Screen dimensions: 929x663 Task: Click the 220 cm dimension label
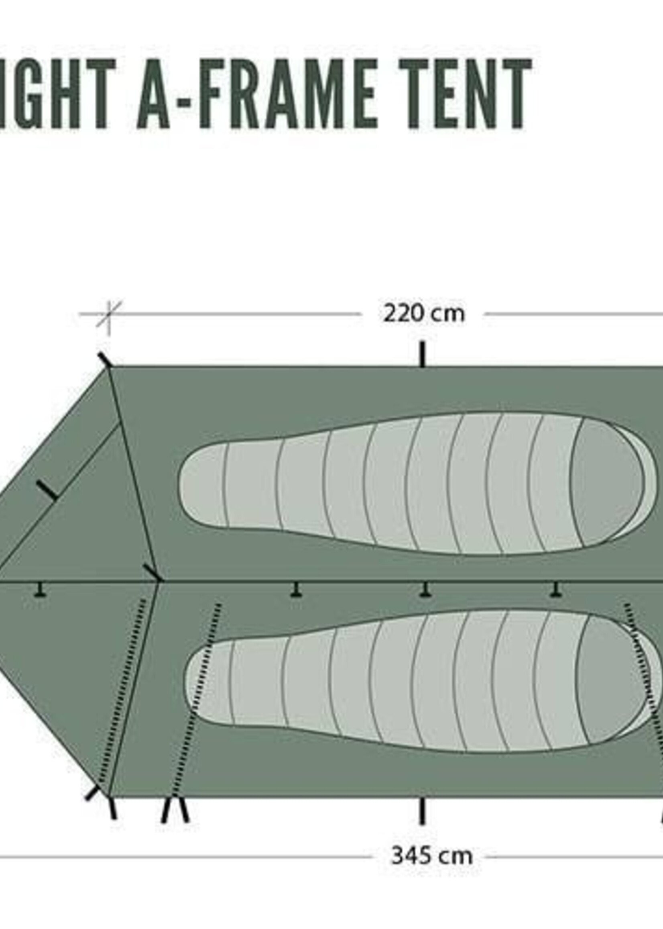(x=424, y=314)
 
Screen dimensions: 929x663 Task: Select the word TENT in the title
(x=465, y=94)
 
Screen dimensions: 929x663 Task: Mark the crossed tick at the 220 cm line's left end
(x=109, y=314)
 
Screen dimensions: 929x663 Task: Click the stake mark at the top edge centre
(x=423, y=354)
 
